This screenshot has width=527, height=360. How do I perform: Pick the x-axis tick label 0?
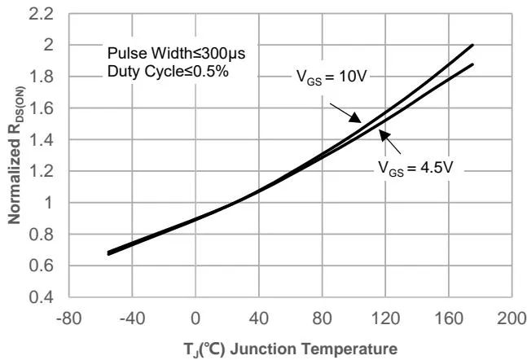click(195, 317)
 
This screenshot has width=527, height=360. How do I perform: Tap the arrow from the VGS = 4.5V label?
click(390, 147)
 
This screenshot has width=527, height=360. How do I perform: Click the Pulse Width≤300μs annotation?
click(177, 54)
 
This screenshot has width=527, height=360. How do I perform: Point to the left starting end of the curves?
click(109, 252)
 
